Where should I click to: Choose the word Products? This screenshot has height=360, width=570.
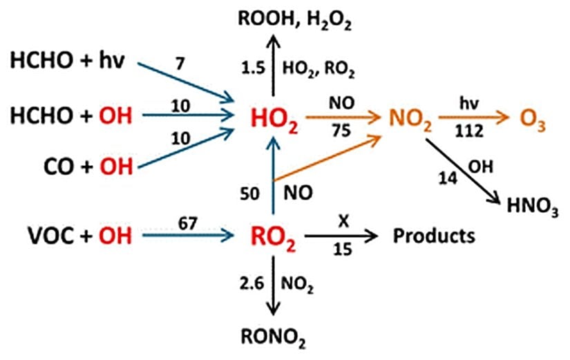pos(434,236)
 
